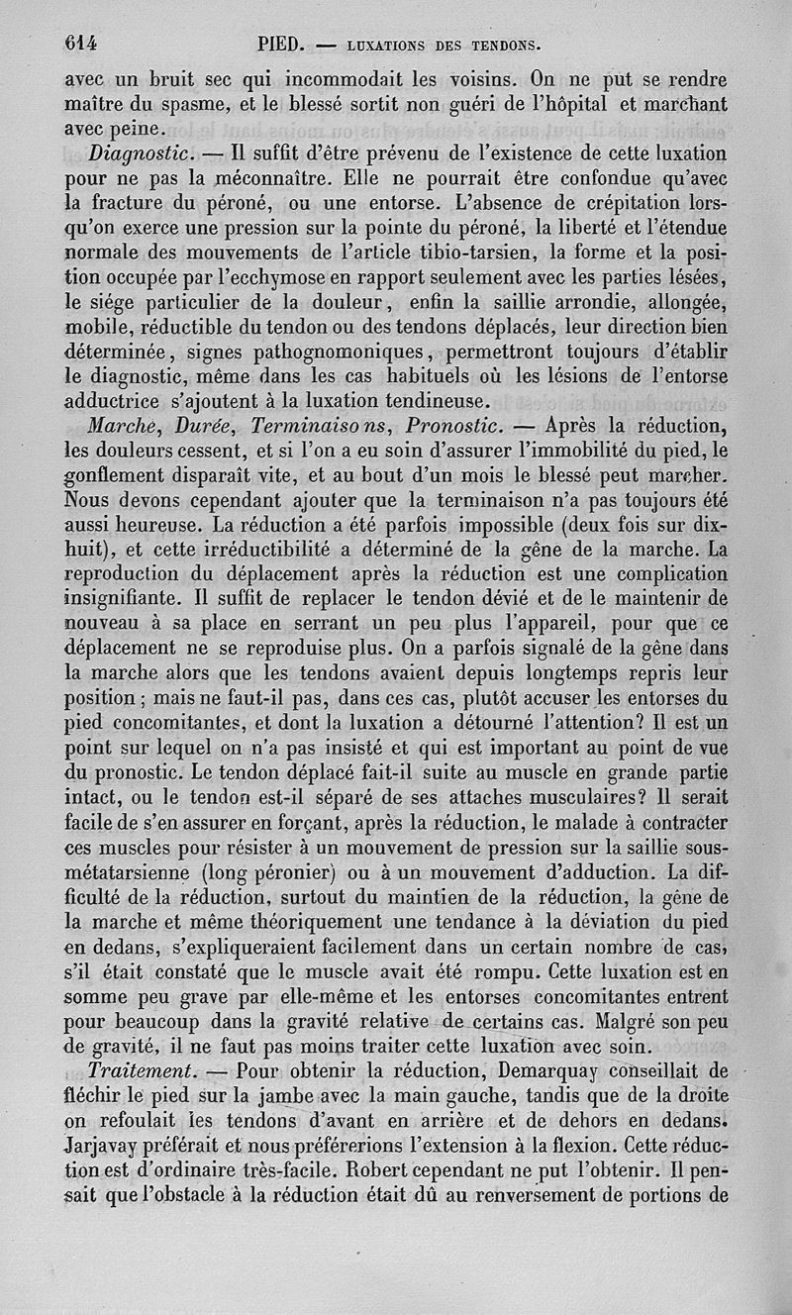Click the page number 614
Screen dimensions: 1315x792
click(85, 43)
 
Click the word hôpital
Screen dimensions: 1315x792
click(578, 104)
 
